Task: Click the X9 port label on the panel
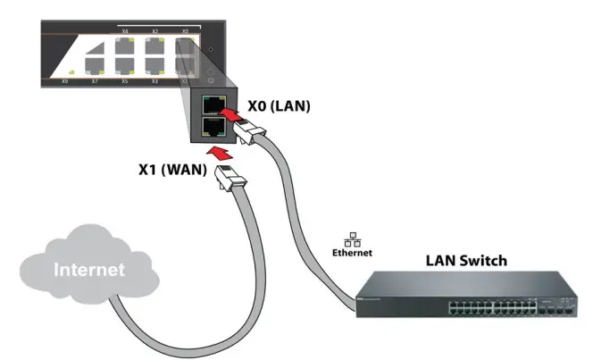[64, 81]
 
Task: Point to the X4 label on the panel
[125, 32]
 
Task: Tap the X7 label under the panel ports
[95, 81]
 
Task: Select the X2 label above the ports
[155, 32]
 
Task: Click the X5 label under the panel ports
[124, 81]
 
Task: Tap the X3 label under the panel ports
[155, 81]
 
